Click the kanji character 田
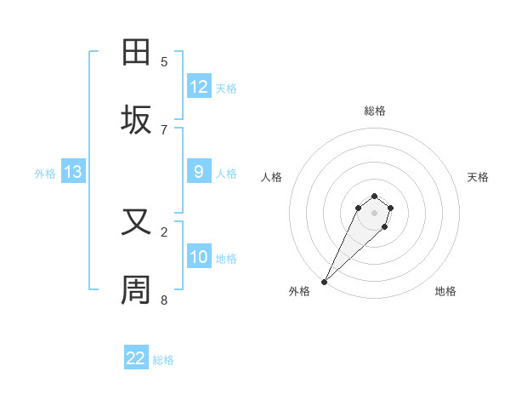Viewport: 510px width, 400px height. [137, 53]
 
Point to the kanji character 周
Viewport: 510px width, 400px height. [137, 290]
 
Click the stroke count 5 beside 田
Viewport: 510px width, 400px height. [164, 62]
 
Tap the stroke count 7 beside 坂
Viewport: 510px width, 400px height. [164, 129]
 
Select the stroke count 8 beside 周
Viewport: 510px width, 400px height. [164, 300]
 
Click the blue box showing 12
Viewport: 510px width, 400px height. [199, 87]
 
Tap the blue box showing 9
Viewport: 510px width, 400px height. [199, 172]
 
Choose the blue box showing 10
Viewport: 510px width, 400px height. [199, 257]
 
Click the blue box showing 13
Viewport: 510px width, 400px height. [73, 172]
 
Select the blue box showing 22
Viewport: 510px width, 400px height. [136, 358]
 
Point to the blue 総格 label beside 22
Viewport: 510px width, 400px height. [163, 360]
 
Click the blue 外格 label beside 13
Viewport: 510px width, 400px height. [45, 174]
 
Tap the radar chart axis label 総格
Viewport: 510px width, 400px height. [374, 111]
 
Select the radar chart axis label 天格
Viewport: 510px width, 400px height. [478, 177]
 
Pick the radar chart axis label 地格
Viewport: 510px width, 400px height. [445, 291]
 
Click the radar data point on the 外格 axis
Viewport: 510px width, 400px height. [325, 281]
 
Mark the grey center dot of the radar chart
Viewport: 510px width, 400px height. [374, 213]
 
